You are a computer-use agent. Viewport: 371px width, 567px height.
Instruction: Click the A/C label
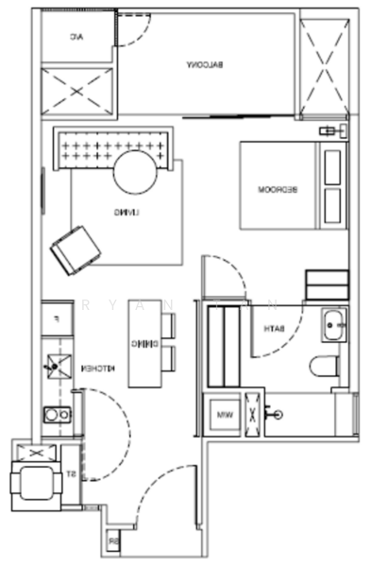click(76, 37)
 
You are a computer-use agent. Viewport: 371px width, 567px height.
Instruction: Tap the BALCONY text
click(205, 63)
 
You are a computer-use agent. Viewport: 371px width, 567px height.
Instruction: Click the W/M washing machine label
click(225, 414)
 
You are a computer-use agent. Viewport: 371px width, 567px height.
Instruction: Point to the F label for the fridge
click(57, 318)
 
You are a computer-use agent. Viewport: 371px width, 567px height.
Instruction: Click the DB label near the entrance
click(112, 541)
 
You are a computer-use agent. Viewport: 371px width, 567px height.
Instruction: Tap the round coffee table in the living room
click(138, 174)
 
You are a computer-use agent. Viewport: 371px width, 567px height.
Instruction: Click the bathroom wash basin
click(334, 326)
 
